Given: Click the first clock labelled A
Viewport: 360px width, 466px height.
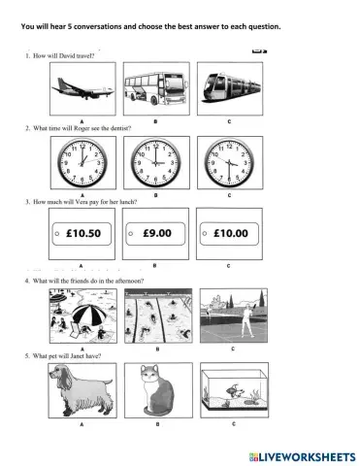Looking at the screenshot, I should click(81, 160).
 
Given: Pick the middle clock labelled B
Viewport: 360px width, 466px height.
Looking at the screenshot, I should click(155, 160).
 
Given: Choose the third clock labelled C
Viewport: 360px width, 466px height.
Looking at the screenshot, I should click(230, 160).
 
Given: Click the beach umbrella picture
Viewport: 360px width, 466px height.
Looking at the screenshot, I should click(81, 316).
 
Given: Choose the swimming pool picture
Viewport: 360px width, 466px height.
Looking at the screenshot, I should click(155, 316).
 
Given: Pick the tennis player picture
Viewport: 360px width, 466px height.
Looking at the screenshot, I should click(230, 316).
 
